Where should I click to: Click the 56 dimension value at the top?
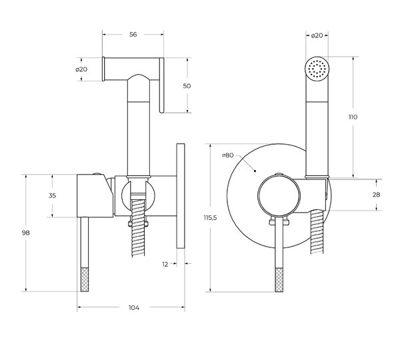(133, 35)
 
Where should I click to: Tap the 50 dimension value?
(187, 86)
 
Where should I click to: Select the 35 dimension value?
(52, 196)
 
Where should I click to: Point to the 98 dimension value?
(26, 233)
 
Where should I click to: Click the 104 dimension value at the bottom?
(134, 308)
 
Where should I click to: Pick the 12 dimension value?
(165, 264)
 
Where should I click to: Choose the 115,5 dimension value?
(210, 217)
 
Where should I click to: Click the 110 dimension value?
(353, 117)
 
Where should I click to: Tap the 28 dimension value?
(376, 195)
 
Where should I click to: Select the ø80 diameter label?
(227, 155)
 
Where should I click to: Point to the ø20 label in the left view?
(81, 69)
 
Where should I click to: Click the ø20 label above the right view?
(317, 35)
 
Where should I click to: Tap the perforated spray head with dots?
(317, 68)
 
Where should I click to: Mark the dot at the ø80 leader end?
(255, 171)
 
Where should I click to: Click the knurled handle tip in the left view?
(85, 279)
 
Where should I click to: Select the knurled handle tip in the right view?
(279, 280)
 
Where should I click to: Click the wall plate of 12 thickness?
(181, 196)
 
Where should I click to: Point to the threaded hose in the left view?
(138, 227)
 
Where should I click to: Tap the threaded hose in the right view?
(317, 231)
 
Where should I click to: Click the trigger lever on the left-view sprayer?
(161, 85)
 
